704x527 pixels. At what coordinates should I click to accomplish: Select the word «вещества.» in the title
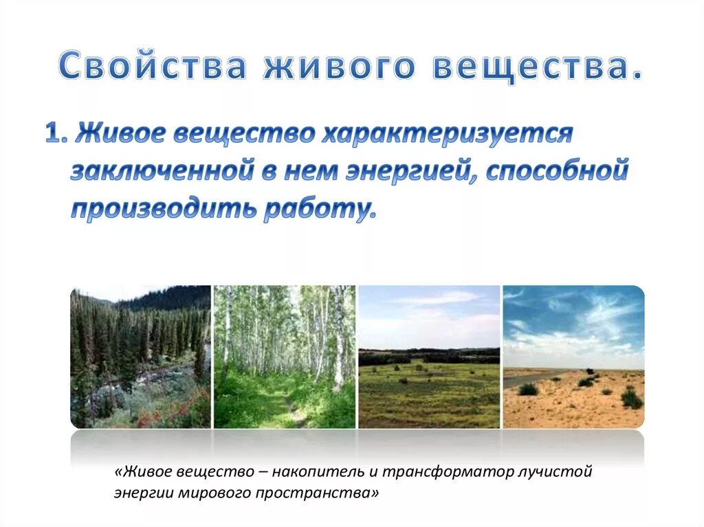point(540,67)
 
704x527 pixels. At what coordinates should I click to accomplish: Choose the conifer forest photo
point(140,357)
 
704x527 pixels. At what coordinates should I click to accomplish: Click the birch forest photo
point(285,357)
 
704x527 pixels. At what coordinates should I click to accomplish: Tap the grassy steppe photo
point(429,357)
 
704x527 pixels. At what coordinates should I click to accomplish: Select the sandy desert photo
point(573,357)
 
